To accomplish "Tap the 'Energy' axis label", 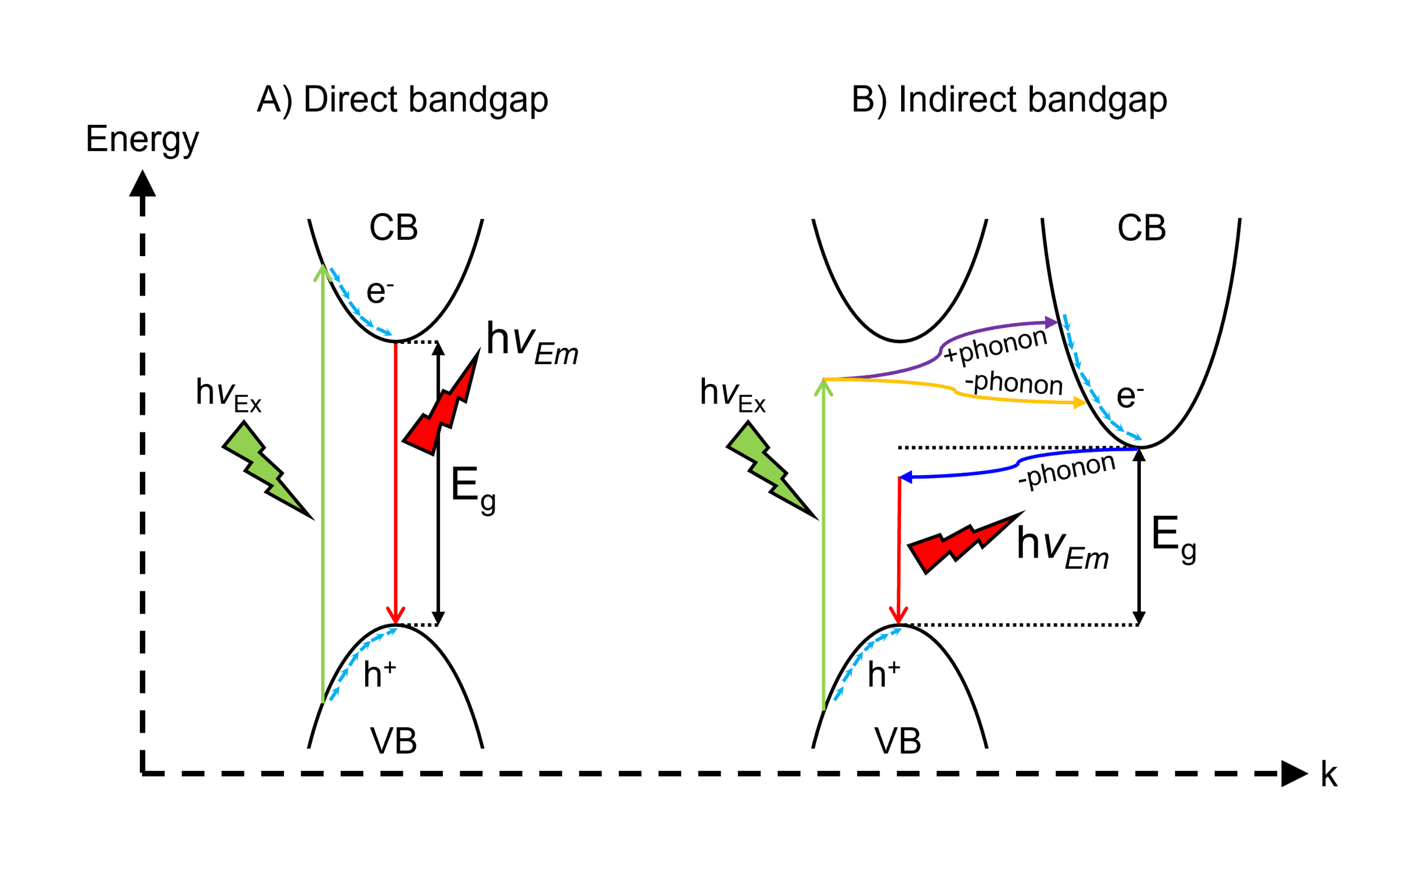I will tap(142, 139).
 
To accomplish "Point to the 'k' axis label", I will tap(1328, 775).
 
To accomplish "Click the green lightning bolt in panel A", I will tap(265, 468).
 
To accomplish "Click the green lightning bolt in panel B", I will tap(770, 468).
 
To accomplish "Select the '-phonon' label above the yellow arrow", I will tap(1013, 383).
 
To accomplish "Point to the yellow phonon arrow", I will tap(955, 391).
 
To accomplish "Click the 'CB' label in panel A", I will tap(394, 228).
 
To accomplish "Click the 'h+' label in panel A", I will tap(379, 674).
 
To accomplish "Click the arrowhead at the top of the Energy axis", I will tap(142, 184).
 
